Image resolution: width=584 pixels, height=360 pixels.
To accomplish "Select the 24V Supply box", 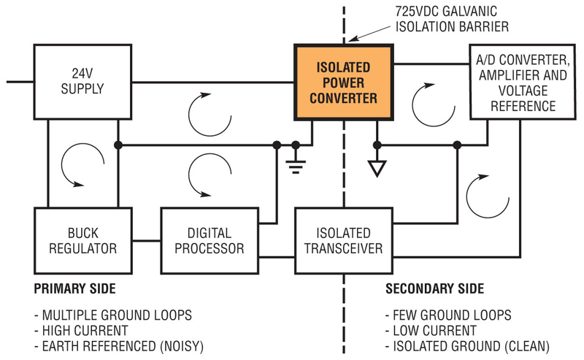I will (x=77, y=82).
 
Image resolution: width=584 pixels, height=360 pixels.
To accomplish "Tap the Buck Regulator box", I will (x=77, y=240).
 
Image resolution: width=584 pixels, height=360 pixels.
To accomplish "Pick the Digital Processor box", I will (x=210, y=240).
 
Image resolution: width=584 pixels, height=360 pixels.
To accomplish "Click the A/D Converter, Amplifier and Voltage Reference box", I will (x=519, y=81).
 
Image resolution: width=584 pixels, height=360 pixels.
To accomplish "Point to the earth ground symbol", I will (x=296, y=166).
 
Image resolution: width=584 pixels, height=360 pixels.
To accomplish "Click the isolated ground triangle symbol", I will (x=377, y=169).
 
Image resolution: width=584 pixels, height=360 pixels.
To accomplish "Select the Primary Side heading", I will (x=73, y=288).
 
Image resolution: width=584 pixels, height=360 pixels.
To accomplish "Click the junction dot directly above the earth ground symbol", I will (x=296, y=145).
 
